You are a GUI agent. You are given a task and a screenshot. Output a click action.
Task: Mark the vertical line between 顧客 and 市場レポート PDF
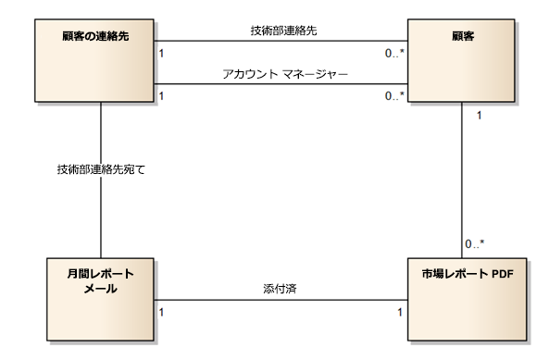(x=461, y=176)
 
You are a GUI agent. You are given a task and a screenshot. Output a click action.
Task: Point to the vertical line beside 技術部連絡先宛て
(x=100, y=213)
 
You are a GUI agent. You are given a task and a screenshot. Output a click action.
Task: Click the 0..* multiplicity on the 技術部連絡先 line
(x=394, y=54)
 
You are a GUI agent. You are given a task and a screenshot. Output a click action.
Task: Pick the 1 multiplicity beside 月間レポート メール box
(x=162, y=313)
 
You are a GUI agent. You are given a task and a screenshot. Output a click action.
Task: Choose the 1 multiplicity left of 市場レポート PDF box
(x=400, y=313)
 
